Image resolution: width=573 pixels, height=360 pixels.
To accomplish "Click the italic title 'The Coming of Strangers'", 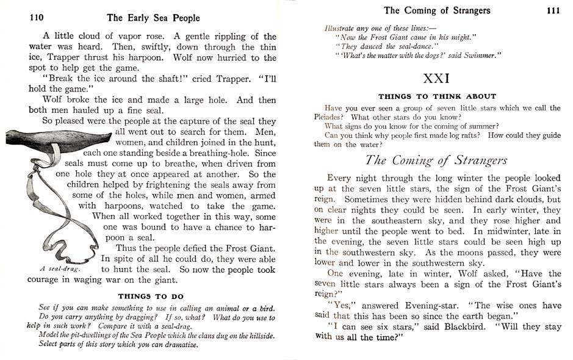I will coord(436,160).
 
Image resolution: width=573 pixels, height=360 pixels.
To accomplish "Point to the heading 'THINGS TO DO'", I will coord(151,297).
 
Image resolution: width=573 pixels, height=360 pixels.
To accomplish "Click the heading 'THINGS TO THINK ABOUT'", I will coord(437,96).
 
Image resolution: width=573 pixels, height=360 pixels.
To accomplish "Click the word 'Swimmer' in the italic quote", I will coord(480,55).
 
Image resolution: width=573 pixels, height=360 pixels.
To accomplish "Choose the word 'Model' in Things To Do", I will coord(49,336).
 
